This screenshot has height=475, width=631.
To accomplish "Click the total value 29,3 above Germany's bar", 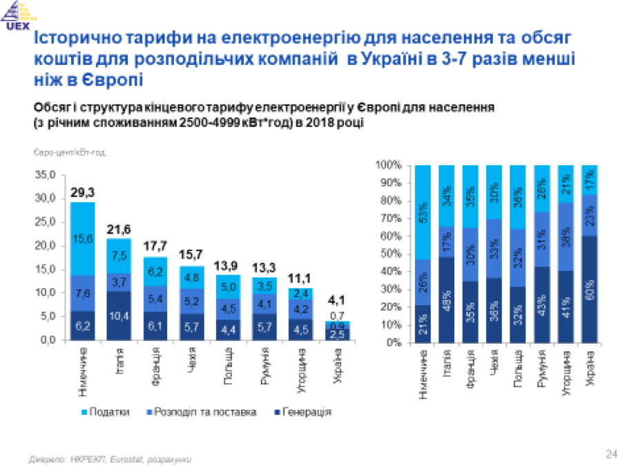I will point(82,192).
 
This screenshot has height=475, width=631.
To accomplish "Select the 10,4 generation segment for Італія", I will point(118,316).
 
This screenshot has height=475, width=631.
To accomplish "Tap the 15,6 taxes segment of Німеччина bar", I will point(82,239).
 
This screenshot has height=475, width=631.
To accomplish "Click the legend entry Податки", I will point(110,412).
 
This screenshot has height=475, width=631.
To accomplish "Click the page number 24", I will point(610,454).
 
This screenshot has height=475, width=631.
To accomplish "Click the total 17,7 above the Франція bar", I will point(155,247).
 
